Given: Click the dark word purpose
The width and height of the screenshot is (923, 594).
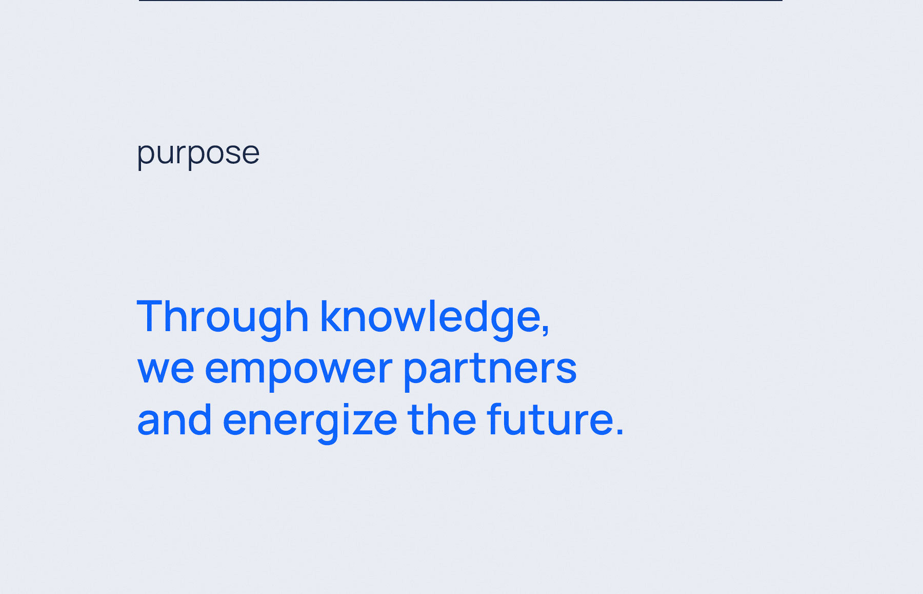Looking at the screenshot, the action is pos(198,154).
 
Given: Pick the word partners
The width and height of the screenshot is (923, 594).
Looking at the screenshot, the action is pos(490,370).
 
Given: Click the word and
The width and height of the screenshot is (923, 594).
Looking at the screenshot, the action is pos(174,419).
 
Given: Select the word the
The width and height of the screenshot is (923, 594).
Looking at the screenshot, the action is pos(442,419).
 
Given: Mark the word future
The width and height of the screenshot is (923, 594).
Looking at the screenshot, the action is pos(550,419).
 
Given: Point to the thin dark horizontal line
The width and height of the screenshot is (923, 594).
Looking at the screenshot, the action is pos(460,1).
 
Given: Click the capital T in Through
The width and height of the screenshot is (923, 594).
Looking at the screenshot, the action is pos(152,316).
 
